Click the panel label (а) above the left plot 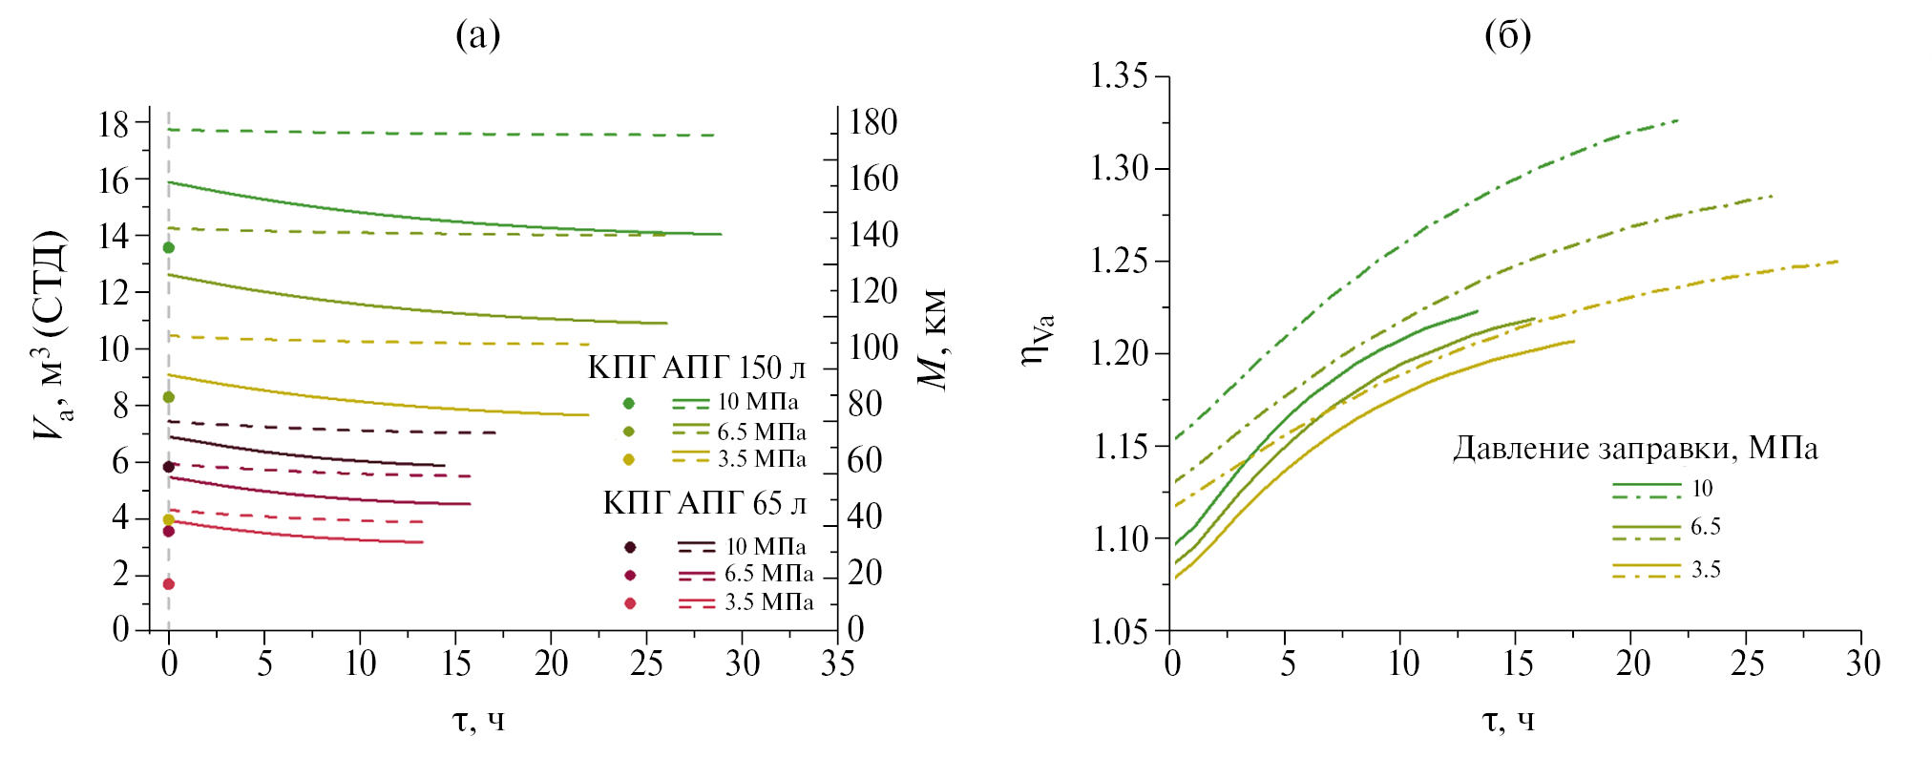pos(477,35)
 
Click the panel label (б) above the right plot pos(1507,35)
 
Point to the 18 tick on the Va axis pos(114,123)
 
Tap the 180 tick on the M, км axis pos(873,122)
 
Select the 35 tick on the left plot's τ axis pos(837,663)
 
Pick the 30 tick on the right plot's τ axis pos(1861,663)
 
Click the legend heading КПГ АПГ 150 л pos(697,368)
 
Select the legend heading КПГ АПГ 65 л pos(704,503)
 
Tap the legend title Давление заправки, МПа pos(1635,448)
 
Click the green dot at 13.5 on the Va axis pos(169,247)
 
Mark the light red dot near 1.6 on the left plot pos(169,584)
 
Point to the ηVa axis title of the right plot pos(1038,339)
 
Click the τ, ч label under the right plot pos(1508,719)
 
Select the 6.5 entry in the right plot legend pos(1706,527)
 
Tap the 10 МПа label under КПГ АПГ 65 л pos(766,547)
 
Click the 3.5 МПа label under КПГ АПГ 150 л pos(762,459)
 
